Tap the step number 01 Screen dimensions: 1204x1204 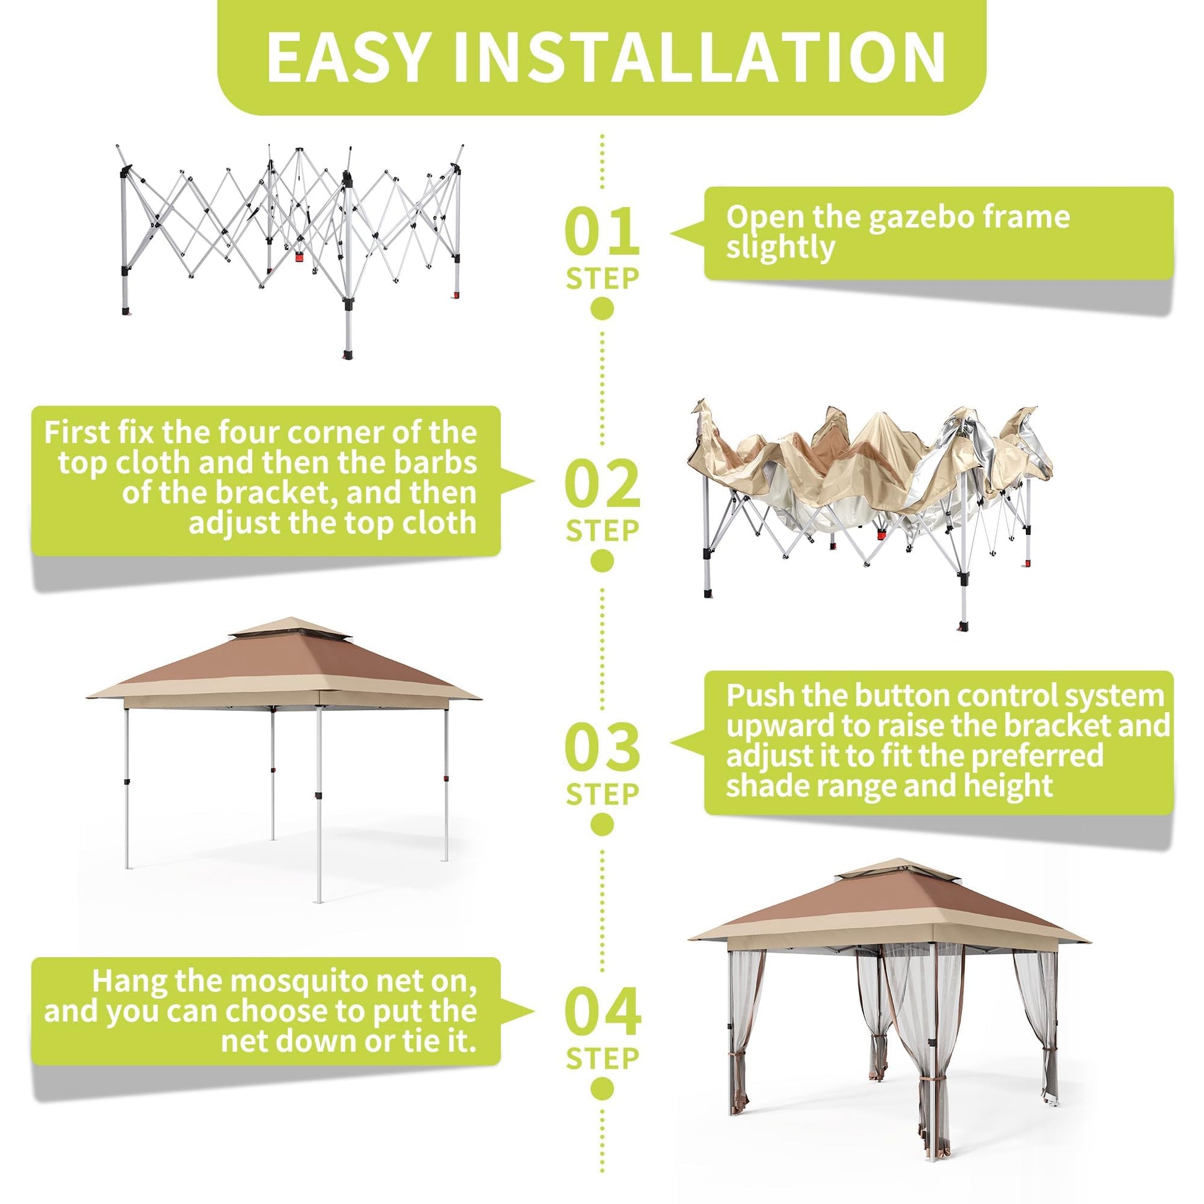point(602,231)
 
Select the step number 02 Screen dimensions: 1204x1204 point(603,484)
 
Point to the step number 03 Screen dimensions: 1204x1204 point(603,747)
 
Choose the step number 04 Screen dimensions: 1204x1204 point(603,1012)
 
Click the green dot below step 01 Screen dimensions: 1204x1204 point(602,308)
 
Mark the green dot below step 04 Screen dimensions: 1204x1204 point(602,1088)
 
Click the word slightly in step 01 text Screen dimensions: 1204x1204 point(780,248)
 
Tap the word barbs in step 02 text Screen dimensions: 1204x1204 point(439,462)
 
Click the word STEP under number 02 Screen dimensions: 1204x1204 point(603,531)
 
